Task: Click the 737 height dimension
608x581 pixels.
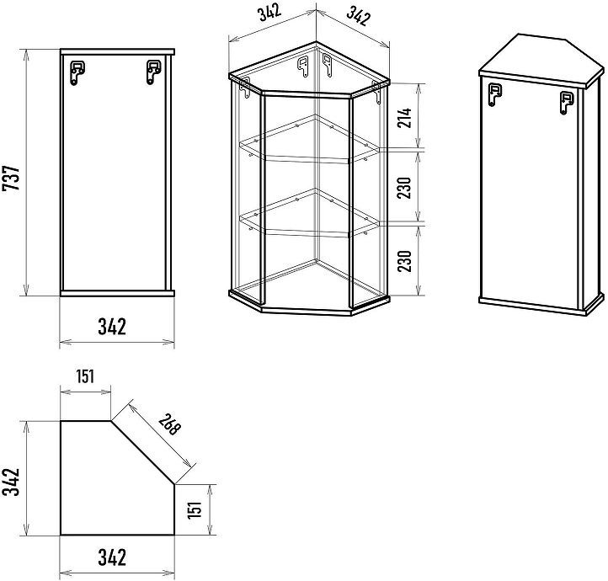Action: point(11,178)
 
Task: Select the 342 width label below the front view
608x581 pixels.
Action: point(112,327)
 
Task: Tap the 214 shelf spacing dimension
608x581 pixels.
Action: point(405,119)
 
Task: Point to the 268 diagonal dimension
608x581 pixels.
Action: point(170,424)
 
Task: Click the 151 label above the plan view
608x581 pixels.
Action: point(85,376)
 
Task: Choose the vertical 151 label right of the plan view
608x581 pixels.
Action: point(195,509)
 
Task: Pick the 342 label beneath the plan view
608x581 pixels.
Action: point(112,557)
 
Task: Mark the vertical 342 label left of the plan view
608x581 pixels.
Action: point(11,482)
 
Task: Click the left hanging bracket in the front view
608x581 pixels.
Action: point(77,72)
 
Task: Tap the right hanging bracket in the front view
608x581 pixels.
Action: point(153,72)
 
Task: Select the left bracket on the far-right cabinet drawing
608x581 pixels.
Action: point(495,94)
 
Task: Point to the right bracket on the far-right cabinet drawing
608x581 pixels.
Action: point(568,103)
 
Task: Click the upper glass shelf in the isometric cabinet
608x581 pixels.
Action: point(309,140)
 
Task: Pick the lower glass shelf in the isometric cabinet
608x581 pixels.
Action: point(309,214)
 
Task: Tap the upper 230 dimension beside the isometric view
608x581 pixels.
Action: point(405,188)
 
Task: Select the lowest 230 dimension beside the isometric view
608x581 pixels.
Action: point(405,261)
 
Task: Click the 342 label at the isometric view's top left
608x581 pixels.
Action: point(269,14)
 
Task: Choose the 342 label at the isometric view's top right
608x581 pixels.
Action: point(358,16)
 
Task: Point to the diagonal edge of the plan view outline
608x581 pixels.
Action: point(142,452)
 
